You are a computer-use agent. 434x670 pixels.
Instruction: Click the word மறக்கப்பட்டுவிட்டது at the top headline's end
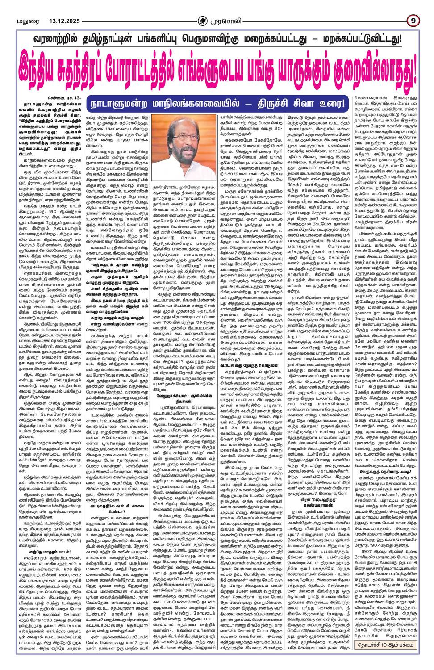[x=363, y=39]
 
